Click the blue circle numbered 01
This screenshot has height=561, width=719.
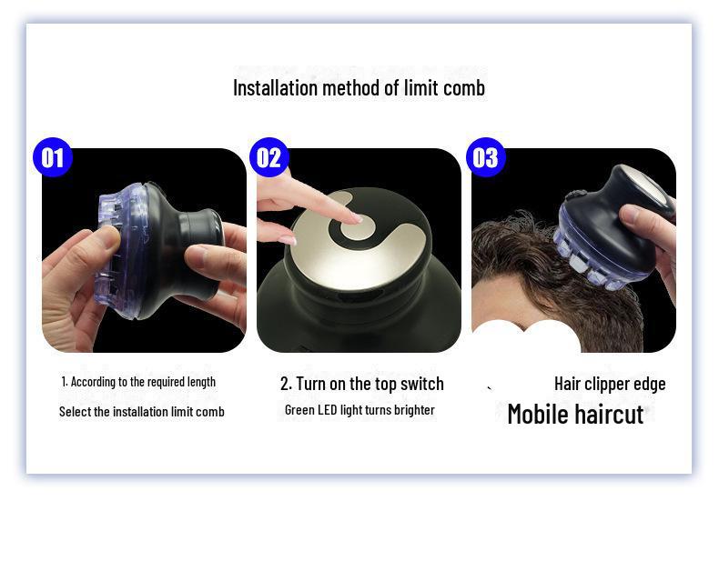click(x=53, y=157)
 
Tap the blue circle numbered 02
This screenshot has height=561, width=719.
click(x=268, y=157)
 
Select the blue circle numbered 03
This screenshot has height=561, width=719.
click(x=485, y=157)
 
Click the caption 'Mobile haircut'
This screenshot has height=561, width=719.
click(x=575, y=414)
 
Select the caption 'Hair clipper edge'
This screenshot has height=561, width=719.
click(x=610, y=384)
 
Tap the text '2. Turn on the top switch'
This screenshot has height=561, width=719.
click(x=361, y=384)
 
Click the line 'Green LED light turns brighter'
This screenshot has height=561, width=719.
click(x=359, y=410)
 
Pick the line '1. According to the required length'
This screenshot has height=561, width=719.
click(x=138, y=382)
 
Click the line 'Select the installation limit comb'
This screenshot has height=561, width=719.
click(x=141, y=412)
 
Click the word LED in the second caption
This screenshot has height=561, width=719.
click(x=327, y=410)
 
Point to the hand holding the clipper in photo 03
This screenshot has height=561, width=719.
click(x=651, y=241)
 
